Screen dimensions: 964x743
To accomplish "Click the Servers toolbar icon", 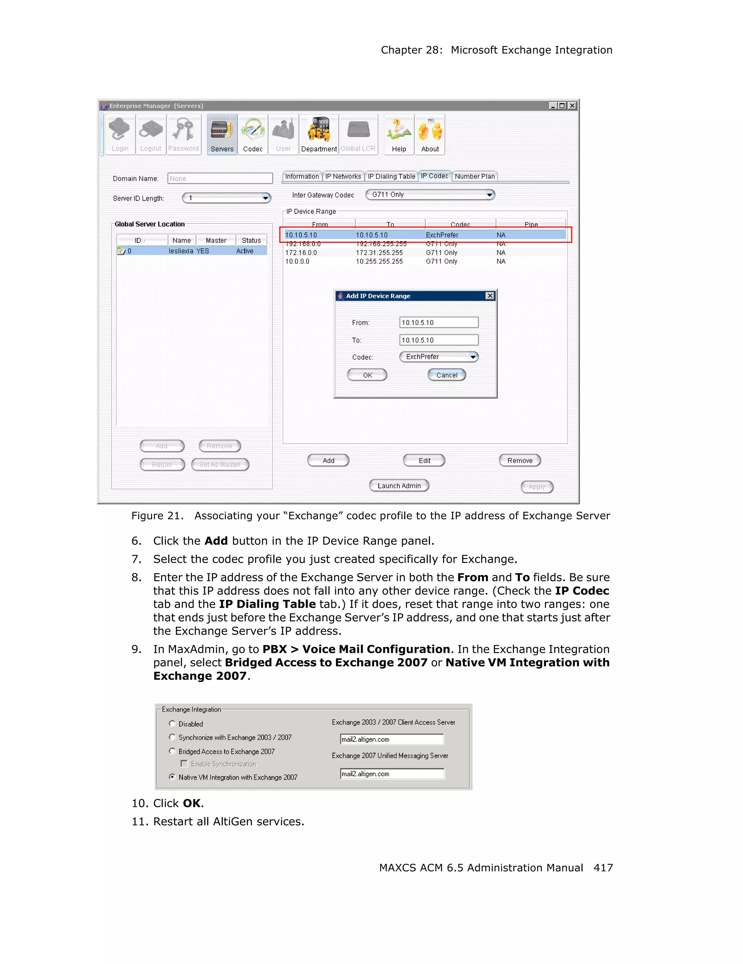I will point(222,134).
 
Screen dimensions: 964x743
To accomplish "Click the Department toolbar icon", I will point(319,134).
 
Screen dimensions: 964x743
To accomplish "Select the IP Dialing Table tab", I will point(391,176).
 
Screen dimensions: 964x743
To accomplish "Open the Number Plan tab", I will point(475,176).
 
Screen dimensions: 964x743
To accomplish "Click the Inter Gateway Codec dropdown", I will point(430,195).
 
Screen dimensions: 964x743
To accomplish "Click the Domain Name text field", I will point(220,178).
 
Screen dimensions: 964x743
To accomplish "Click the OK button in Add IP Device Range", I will point(367,375).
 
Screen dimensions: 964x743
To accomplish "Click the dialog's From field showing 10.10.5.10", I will point(438,322).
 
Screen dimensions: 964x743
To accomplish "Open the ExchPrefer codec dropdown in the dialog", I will point(439,357).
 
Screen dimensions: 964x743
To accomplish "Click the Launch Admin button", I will point(399,485).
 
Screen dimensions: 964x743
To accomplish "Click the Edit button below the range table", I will point(424,460).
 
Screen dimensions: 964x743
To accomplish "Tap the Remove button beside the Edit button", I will point(520,460).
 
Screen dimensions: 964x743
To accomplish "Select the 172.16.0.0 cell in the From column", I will point(301,252).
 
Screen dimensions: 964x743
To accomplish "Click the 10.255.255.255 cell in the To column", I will point(379,261).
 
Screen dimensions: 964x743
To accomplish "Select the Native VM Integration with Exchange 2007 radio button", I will point(172,777).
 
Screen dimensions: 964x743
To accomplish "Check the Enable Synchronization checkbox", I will point(184,764).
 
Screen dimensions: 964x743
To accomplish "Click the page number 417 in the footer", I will point(603,868).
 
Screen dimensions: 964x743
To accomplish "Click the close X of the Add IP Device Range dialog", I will point(489,296).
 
